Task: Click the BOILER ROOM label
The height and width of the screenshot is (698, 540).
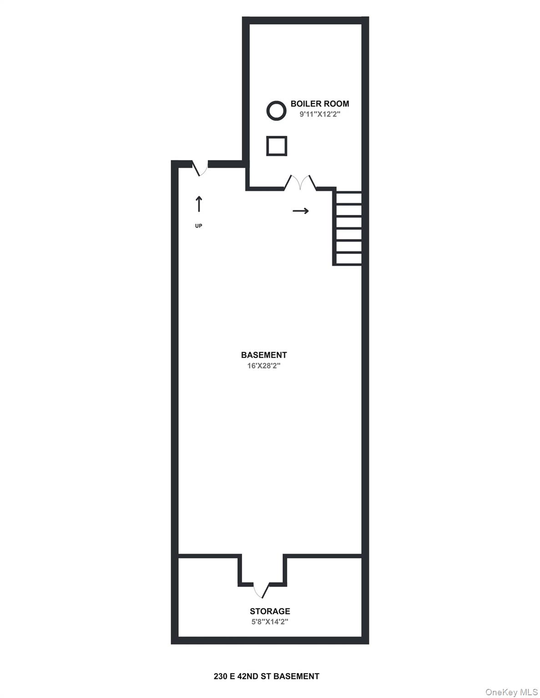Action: coord(320,104)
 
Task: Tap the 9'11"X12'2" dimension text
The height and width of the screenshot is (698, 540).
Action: coord(320,115)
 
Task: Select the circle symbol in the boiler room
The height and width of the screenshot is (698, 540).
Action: coord(276,110)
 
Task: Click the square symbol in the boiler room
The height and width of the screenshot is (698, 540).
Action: coord(277,146)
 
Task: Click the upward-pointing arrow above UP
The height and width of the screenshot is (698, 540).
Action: coord(199,204)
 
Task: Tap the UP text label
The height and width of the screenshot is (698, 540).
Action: coord(199,226)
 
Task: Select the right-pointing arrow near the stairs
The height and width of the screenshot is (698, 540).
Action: coord(301,211)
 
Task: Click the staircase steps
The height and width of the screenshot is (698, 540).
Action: coord(348,228)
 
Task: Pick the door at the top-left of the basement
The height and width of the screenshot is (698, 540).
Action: coord(200,168)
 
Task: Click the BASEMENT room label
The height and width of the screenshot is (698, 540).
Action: coord(264,355)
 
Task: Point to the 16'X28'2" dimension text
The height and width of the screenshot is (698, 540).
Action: coord(264,366)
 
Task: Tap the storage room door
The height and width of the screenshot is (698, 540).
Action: coord(262,589)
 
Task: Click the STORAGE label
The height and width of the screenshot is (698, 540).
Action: coord(270,611)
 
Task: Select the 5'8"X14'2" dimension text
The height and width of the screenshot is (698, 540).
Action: coord(270,622)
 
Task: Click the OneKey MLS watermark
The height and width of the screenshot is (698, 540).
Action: coord(511,692)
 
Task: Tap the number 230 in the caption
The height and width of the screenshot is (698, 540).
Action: coord(220,676)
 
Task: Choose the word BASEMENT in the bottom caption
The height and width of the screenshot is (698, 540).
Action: coord(296,676)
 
